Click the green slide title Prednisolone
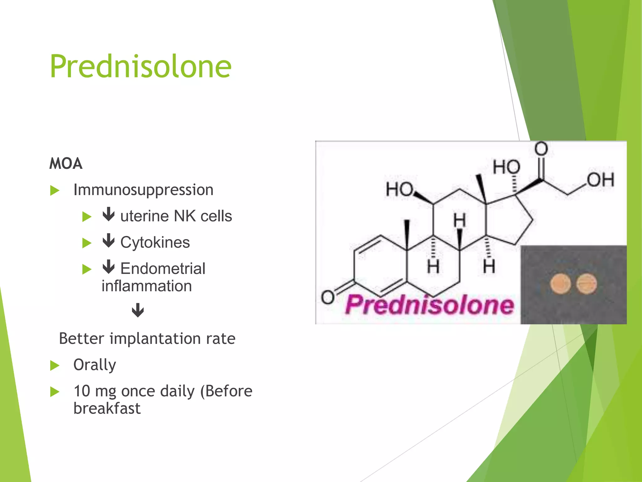tap(140, 67)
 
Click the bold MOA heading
tap(66, 163)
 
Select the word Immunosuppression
tap(143, 190)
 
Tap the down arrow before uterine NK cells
tap(108, 214)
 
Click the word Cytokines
tap(155, 242)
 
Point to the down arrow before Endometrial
tap(108, 267)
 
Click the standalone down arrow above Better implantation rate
tap(138, 310)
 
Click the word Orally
tap(95, 365)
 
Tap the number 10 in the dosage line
tap(82, 391)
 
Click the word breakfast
tap(107, 409)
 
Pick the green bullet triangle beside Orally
tap(55, 365)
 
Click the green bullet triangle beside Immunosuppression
tap(55, 190)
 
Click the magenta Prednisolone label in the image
tap(429, 305)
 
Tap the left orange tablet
tap(560, 284)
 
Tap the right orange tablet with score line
tap(587, 284)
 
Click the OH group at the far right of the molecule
tap(600, 180)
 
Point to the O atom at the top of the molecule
tap(541, 149)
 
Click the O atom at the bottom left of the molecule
tap(328, 297)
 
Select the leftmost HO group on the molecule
tap(399, 189)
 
